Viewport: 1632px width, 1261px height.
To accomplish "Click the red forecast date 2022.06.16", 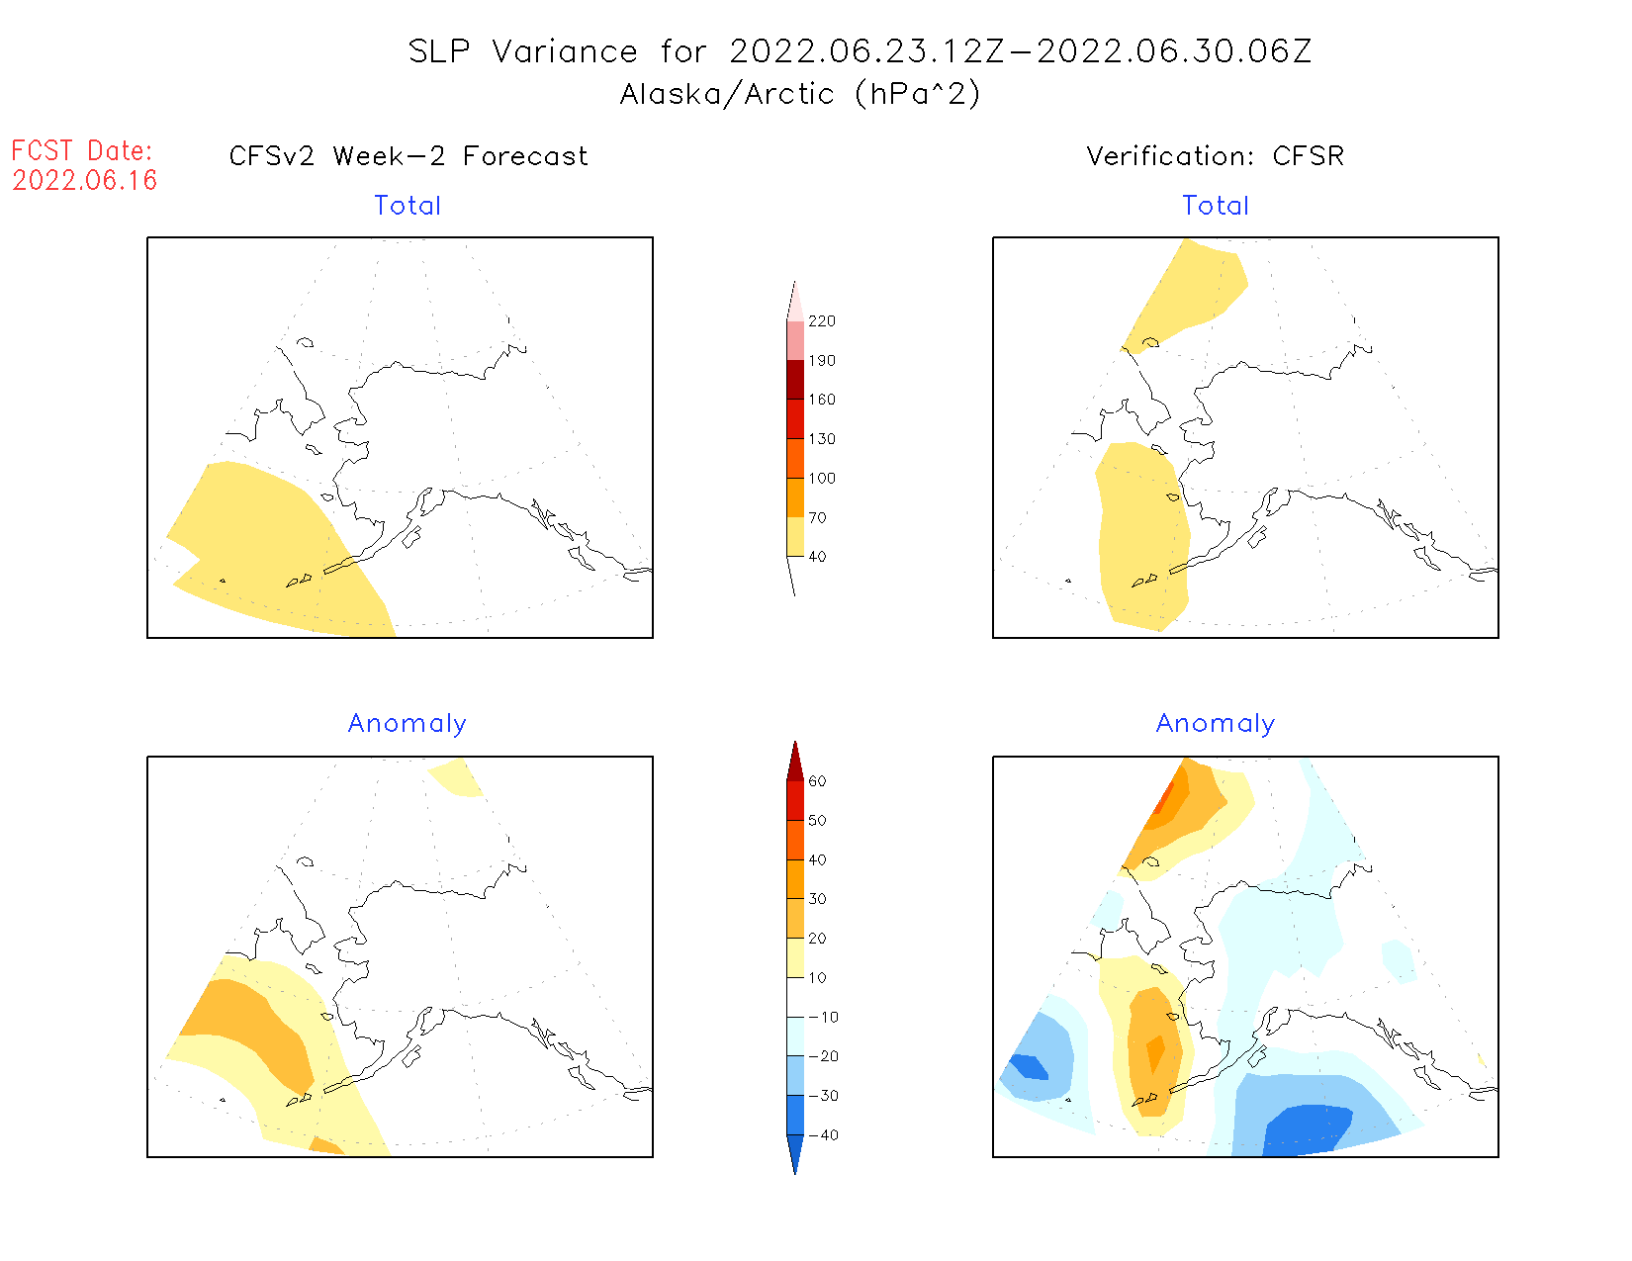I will (x=85, y=180).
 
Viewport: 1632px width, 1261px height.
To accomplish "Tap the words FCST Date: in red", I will (x=82, y=150).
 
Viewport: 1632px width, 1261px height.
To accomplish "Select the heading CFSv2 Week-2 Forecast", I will (x=408, y=156).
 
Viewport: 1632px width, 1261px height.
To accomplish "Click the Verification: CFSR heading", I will (x=1216, y=156).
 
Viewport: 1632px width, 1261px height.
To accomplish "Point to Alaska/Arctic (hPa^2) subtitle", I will (x=800, y=94).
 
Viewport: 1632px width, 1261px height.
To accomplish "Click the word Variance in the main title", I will (x=565, y=51).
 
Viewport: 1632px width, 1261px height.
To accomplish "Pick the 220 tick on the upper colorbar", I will (x=821, y=321).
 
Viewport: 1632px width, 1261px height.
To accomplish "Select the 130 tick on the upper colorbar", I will (x=821, y=439).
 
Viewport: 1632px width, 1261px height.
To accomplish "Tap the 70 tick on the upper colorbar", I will (x=817, y=517).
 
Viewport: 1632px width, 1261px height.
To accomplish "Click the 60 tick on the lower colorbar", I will (x=817, y=781).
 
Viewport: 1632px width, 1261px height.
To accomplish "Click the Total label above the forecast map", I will (x=408, y=206).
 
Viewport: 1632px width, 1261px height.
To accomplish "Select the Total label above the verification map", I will (x=1216, y=206).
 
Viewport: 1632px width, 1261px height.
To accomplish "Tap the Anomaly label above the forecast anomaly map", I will (x=408, y=724).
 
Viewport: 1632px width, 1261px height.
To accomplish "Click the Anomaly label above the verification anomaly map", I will (x=1216, y=724).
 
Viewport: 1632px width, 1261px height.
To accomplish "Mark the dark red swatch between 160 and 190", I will (x=795, y=380).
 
